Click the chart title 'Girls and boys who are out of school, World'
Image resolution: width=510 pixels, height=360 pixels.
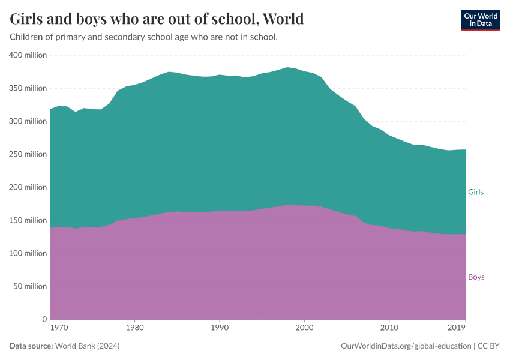(157, 19)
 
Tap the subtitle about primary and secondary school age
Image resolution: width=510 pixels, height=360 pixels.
(143, 37)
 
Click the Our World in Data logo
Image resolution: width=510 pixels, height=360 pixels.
(480, 20)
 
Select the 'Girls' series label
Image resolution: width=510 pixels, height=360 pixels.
(475, 192)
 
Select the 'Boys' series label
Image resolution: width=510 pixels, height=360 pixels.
(476, 277)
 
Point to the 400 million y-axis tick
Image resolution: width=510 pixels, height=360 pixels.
(28, 55)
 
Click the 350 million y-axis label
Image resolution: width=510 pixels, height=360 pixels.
(28, 88)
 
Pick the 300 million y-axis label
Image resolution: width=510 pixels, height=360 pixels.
(28, 121)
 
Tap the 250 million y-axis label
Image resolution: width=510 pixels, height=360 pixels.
(28, 154)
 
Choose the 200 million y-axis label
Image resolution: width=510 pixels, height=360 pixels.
(28, 187)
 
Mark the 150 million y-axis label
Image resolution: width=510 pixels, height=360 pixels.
(28, 220)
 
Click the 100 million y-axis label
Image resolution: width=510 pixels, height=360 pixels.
(28, 253)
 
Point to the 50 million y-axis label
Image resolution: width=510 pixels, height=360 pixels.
(30, 286)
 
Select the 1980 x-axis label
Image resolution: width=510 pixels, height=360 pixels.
(135, 328)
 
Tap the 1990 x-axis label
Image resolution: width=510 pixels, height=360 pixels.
(220, 328)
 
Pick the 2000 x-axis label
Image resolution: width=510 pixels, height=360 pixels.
(304, 328)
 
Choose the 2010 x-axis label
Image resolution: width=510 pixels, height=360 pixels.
(389, 328)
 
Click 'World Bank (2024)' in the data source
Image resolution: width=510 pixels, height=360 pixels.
(88, 346)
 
